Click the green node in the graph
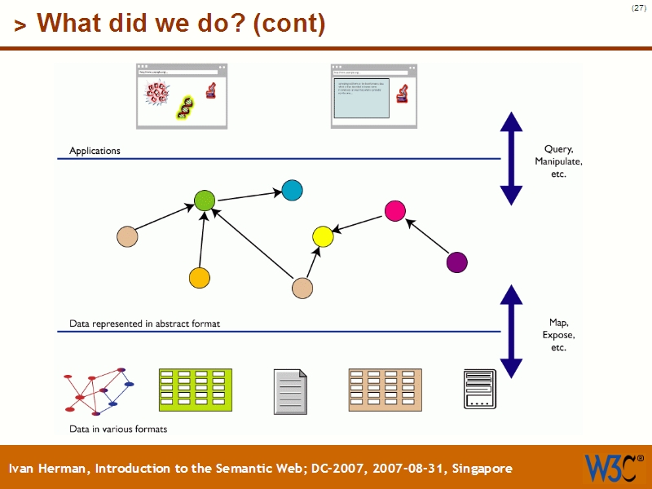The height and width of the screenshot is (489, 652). (x=205, y=200)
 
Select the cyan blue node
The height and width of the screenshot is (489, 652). (x=292, y=190)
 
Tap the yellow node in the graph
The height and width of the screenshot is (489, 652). (x=323, y=237)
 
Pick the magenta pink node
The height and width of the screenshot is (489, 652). (x=395, y=210)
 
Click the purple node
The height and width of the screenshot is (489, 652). (x=457, y=262)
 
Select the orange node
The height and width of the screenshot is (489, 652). (x=200, y=278)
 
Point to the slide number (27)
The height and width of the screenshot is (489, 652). (x=638, y=8)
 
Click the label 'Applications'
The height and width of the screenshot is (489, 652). (x=95, y=151)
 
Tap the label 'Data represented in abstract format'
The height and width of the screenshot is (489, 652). (x=144, y=324)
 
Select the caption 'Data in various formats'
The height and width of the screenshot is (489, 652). (x=118, y=429)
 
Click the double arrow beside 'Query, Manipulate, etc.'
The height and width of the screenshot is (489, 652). (x=511, y=158)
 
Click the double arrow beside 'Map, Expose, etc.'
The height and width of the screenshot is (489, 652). (x=511, y=332)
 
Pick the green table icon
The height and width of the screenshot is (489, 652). (x=196, y=390)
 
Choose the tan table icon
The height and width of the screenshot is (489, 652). (x=385, y=390)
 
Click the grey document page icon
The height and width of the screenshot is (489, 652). (x=291, y=390)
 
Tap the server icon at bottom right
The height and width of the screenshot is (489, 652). (x=479, y=389)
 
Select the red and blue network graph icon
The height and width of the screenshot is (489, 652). (x=99, y=391)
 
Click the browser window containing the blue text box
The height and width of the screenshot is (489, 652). (x=373, y=96)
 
